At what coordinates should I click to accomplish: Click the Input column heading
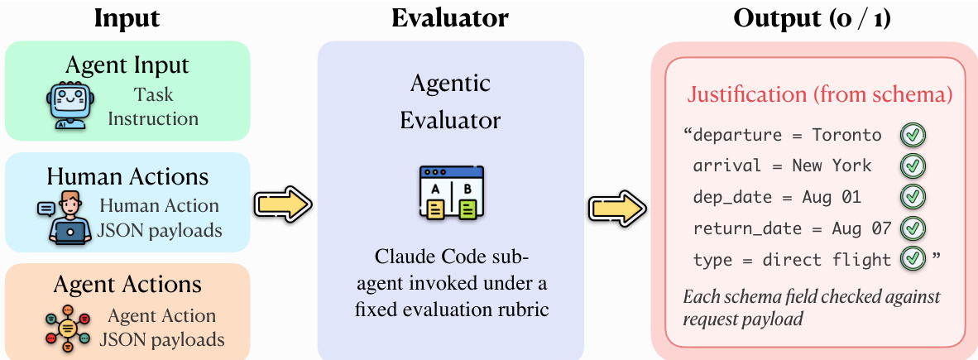[x=127, y=18]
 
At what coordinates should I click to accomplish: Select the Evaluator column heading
[x=450, y=18]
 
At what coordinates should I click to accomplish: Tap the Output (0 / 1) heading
[x=812, y=18]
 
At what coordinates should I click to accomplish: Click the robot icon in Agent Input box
[x=66, y=106]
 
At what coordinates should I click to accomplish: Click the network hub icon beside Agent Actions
[x=65, y=327]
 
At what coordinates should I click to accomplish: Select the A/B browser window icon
[x=451, y=193]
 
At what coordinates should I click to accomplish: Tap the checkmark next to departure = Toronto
[x=913, y=135]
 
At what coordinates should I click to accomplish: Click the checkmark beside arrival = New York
[x=913, y=166]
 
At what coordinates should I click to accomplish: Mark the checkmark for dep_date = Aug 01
[x=913, y=197]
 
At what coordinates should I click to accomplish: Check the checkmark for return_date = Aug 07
[x=913, y=228]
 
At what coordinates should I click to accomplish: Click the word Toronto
[x=846, y=135]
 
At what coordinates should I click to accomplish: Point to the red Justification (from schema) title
[x=820, y=94]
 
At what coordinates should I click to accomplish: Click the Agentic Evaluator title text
[x=450, y=101]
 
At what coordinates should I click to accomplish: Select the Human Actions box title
[x=127, y=176]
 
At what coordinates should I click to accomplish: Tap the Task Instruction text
[x=153, y=106]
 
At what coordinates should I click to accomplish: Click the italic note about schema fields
[x=812, y=307]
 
